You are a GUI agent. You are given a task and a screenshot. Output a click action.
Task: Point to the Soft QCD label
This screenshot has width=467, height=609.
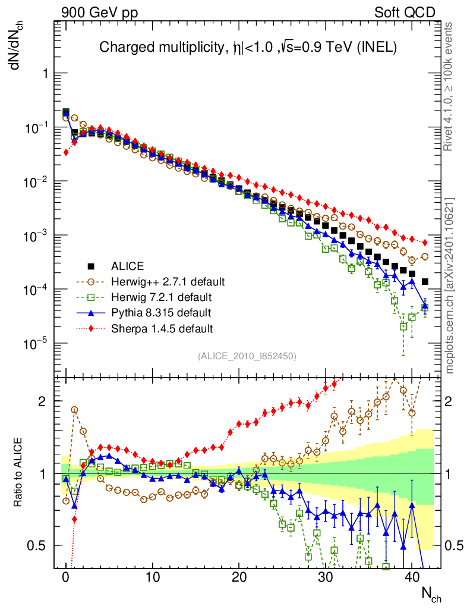(405, 12)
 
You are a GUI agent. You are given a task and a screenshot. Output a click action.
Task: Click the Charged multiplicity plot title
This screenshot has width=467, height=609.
(248, 47)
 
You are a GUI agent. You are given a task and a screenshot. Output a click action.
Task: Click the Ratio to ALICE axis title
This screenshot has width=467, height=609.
(18, 473)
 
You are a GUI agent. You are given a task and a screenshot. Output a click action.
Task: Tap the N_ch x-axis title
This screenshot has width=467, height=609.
(431, 594)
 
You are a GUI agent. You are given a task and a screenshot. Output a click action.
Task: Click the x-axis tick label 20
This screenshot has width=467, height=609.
(238, 577)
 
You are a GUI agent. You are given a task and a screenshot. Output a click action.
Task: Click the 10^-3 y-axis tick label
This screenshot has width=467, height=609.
(36, 236)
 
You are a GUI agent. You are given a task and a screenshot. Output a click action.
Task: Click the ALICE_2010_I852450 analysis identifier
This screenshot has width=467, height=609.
(247, 356)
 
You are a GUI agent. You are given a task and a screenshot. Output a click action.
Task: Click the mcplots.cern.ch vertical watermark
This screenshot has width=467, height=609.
(449, 285)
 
